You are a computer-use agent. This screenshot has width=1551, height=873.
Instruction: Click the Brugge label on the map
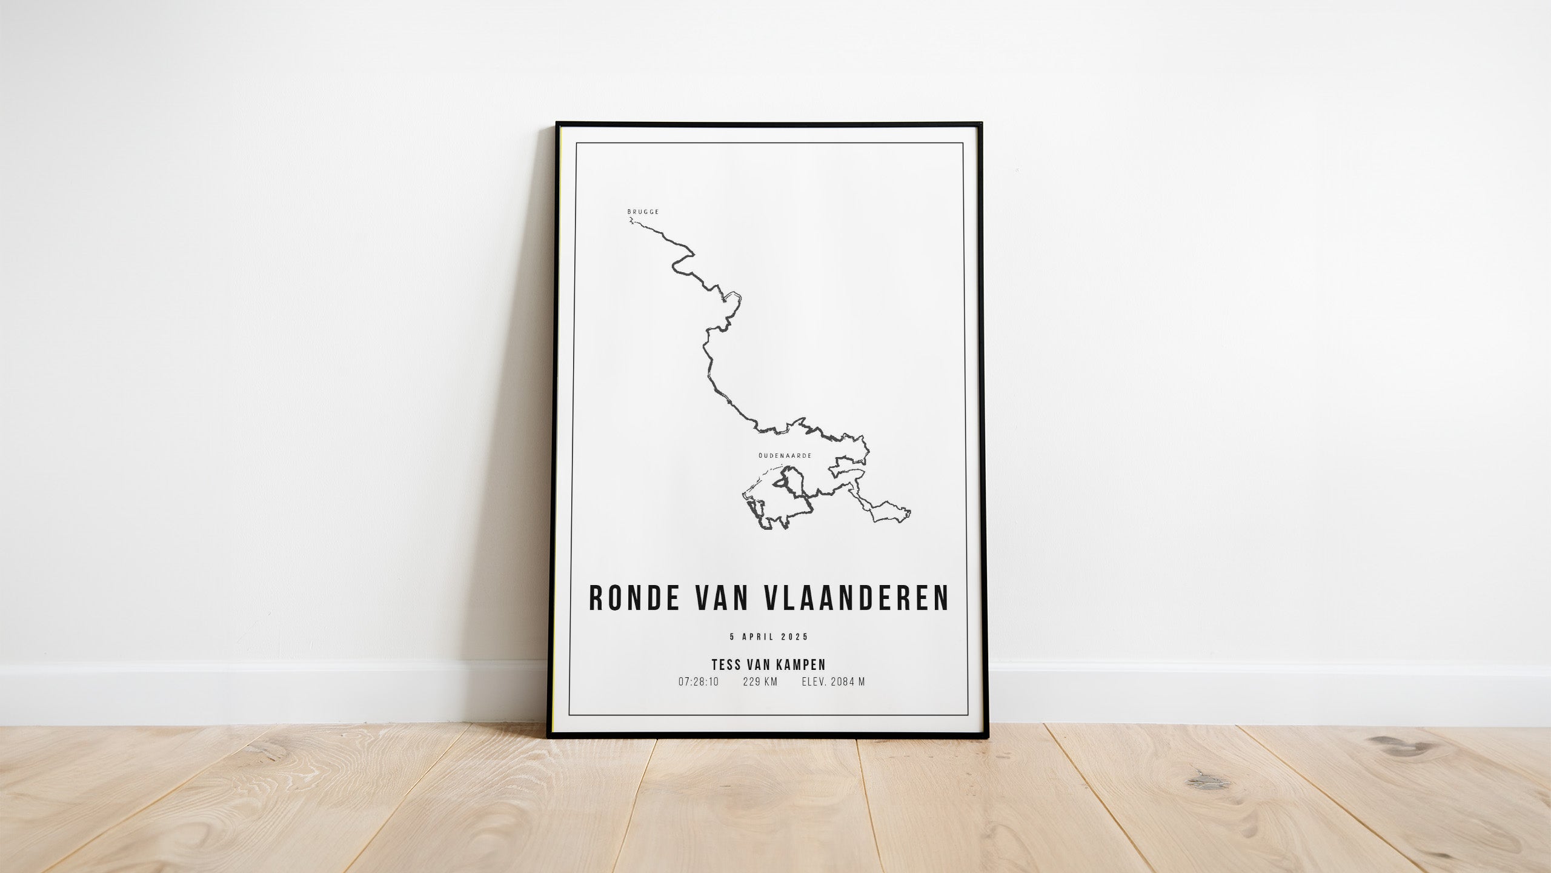tap(643, 212)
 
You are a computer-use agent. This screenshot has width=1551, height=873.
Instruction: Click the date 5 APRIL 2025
tap(769, 637)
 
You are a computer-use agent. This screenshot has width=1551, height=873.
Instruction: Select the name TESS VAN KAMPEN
tap(769, 664)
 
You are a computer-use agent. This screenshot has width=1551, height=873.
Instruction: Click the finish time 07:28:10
tap(699, 682)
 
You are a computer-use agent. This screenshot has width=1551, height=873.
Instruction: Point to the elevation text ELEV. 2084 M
tap(833, 682)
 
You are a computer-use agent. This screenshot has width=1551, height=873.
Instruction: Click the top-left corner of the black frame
tap(557, 124)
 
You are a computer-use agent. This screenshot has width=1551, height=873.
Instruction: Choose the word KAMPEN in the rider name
tap(801, 664)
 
